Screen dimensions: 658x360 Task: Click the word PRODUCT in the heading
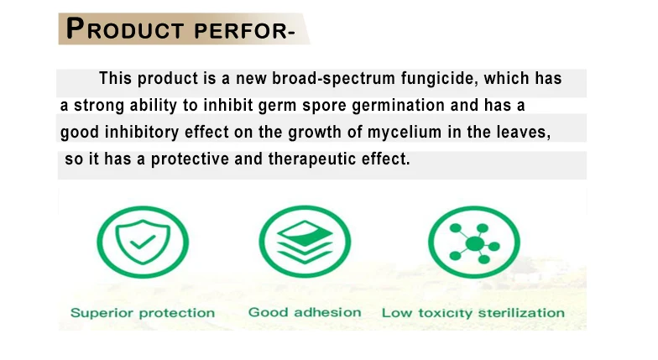pyautogui.click(x=125, y=29)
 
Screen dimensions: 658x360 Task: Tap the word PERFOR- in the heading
pyautogui.click(x=245, y=31)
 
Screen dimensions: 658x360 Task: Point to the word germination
pyautogui.click(x=398, y=106)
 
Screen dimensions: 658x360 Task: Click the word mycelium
pyautogui.click(x=405, y=133)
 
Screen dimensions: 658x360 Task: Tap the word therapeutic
pyautogui.click(x=312, y=159)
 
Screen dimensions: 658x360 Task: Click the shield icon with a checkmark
pyautogui.click(x=143, y=242)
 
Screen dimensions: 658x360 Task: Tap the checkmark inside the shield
pyautogui.click(x=143, y=242)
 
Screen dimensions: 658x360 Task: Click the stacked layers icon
pyautogui.click(x=305, y=242)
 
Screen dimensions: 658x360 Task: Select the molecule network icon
pyautogui.click(x=474, y=242)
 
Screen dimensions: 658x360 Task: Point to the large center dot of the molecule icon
pyautogui.click(x=475, y=243)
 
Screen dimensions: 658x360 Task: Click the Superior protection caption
pyautogui.click(x=143, y=313)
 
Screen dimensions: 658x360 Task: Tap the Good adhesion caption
pyautogui.click(x=305, y=312)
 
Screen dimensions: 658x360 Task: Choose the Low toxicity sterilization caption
pyautogui.click(x=473, y=313)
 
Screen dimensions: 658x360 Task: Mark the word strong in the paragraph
pyautogui.click(x=99, y=106)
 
